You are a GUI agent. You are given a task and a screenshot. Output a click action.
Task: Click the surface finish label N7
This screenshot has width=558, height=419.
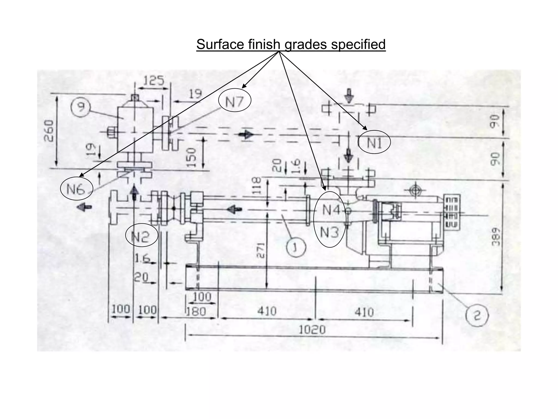point(234,102)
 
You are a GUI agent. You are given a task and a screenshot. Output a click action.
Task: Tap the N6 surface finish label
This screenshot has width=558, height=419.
point(76,189)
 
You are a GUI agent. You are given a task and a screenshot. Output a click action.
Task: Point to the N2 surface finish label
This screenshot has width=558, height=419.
point(141,236)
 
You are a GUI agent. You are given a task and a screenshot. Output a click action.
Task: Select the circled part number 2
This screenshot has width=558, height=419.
point(477,316)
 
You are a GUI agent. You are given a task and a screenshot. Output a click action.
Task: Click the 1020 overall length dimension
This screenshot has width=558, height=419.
point(312,330)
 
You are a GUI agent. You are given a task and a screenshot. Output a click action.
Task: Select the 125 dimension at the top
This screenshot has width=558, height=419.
point(154,81)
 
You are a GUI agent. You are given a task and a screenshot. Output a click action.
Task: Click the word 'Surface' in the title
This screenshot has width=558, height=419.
point(221,44)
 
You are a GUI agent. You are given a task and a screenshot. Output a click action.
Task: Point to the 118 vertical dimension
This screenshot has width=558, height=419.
point(256,185)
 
